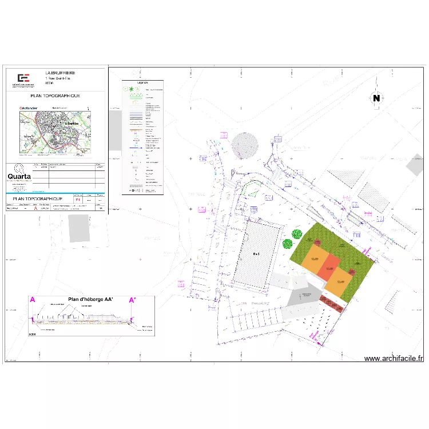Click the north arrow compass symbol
376,98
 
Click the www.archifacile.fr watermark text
394,359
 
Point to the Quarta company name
19,177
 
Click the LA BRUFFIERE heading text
59,73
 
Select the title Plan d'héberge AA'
89,299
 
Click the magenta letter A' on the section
132,300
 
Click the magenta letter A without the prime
33,300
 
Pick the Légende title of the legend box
142,83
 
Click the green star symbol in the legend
131,90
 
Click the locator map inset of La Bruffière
55,132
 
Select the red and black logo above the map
23,78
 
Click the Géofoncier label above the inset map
29,107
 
